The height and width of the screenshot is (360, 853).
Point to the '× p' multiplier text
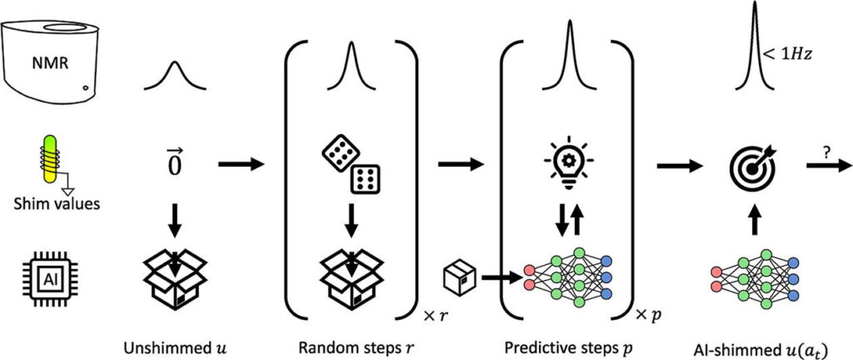point(651,314)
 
